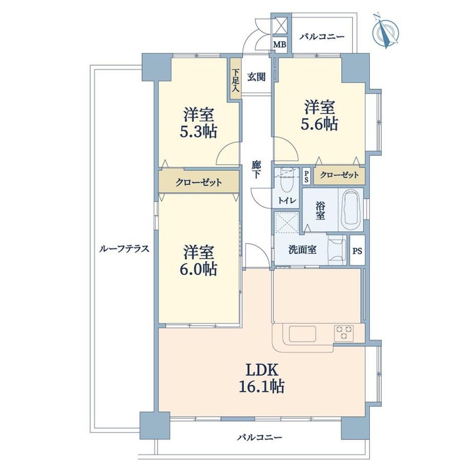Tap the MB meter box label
pyautogui.click(x=279, y=45)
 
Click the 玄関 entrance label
pyautogui.click(x=257, y=77)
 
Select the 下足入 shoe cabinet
pyautogui.click(x=235, y=78)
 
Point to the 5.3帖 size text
pyautogui.click(x=199, y=131)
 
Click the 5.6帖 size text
pyautogui.click(x=320, y=124)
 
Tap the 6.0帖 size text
pyautogui.click(x=199, y=269)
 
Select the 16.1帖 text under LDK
pyautogui.click(x=261, y=386)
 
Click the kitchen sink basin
pyautogui.click(x=302, y=334)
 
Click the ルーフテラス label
pyautogui.click(x=124, y=249)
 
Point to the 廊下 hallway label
pyautogui.click(x=256, y=170)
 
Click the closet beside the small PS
pyautogui.click(x=339, y=175)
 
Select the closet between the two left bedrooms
pyautogui.click(x=199, y=182)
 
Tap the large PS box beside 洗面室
pyautogui.click(x=357, y=250)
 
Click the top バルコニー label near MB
pyautogui.click(x=322, y=37)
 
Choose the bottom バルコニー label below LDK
pyautogui.click(x=260, y=437)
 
